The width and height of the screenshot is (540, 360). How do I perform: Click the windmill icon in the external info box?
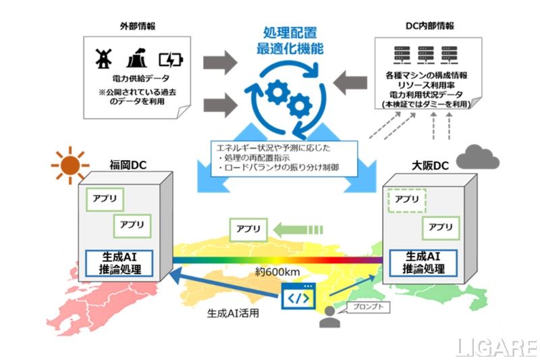(103, 59)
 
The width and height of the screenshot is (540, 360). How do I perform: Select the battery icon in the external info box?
(170, 59)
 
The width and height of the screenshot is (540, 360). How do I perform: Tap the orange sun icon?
(70, 164)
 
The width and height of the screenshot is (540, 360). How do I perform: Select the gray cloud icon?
(477, 157)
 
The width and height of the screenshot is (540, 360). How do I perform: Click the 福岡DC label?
(129, 164)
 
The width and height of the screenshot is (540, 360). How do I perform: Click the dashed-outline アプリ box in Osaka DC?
(406, 200)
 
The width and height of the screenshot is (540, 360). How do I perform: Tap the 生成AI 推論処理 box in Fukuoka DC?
(119, 263)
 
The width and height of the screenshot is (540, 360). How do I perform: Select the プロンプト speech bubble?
(364, 306)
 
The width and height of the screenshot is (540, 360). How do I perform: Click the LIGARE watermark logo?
(495, 347)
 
